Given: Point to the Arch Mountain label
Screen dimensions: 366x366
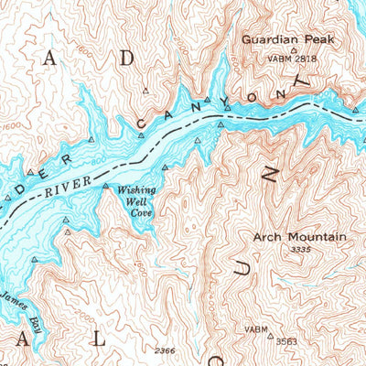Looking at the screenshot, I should (x=299, y=237).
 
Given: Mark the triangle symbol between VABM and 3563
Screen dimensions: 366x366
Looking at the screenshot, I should (x=270, y=336).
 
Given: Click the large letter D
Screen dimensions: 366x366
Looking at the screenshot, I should (x=127, y=58).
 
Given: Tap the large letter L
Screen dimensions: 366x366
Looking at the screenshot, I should (x=98, y=339).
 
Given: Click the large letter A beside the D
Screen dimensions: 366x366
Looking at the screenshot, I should (x=50, y=58).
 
